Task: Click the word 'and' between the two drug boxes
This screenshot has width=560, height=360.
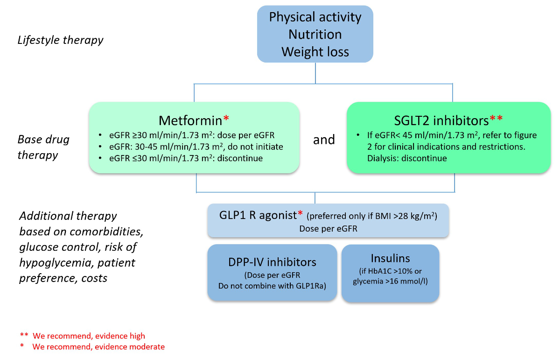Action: (x=324, y=139)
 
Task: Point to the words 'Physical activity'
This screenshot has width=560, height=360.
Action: (x=315, y=17)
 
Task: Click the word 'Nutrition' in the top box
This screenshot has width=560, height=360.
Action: (x=315, y=34)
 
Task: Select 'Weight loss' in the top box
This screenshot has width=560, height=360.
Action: (x=315, y=51)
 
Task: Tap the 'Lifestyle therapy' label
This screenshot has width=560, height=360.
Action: (x=60, y=40)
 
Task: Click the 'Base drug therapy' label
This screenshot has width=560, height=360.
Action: (x=44, y=147)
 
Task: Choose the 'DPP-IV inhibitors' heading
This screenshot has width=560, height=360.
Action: (x=272, y=261)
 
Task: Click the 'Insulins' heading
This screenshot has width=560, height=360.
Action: (x=390, y=258)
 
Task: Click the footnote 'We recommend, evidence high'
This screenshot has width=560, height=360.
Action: (x=88, y=336)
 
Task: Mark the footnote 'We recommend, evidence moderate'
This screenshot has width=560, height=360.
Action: (x=98, y=346)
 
